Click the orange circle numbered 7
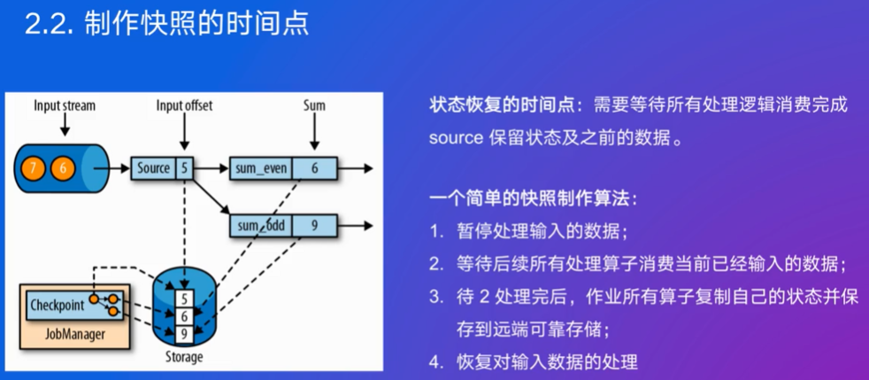[x=34, y=168]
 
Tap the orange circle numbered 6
[x=63, y=168]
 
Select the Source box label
[x=153, y=168]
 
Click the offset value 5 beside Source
[x=184, y=168]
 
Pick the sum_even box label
[x=261, y=168]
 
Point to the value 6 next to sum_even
[x=315, y=168]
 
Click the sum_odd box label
[x=261, y=227]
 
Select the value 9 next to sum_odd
[x=315, y=227]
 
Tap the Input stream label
[x=65, y=106]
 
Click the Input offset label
[x=184, y=106]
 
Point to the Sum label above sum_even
[x=314, y=106]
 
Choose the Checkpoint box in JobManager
[x=74, y=305]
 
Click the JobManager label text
[x=74, y=334]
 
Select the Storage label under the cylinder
[x=184, y=357]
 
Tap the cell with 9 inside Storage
[x=184, y=334]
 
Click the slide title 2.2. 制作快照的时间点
[x=166, y=25]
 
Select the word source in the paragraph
[x=456, y=138]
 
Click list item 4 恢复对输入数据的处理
[x=533, y=362]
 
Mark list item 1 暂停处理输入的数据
[x=528, y=232]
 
